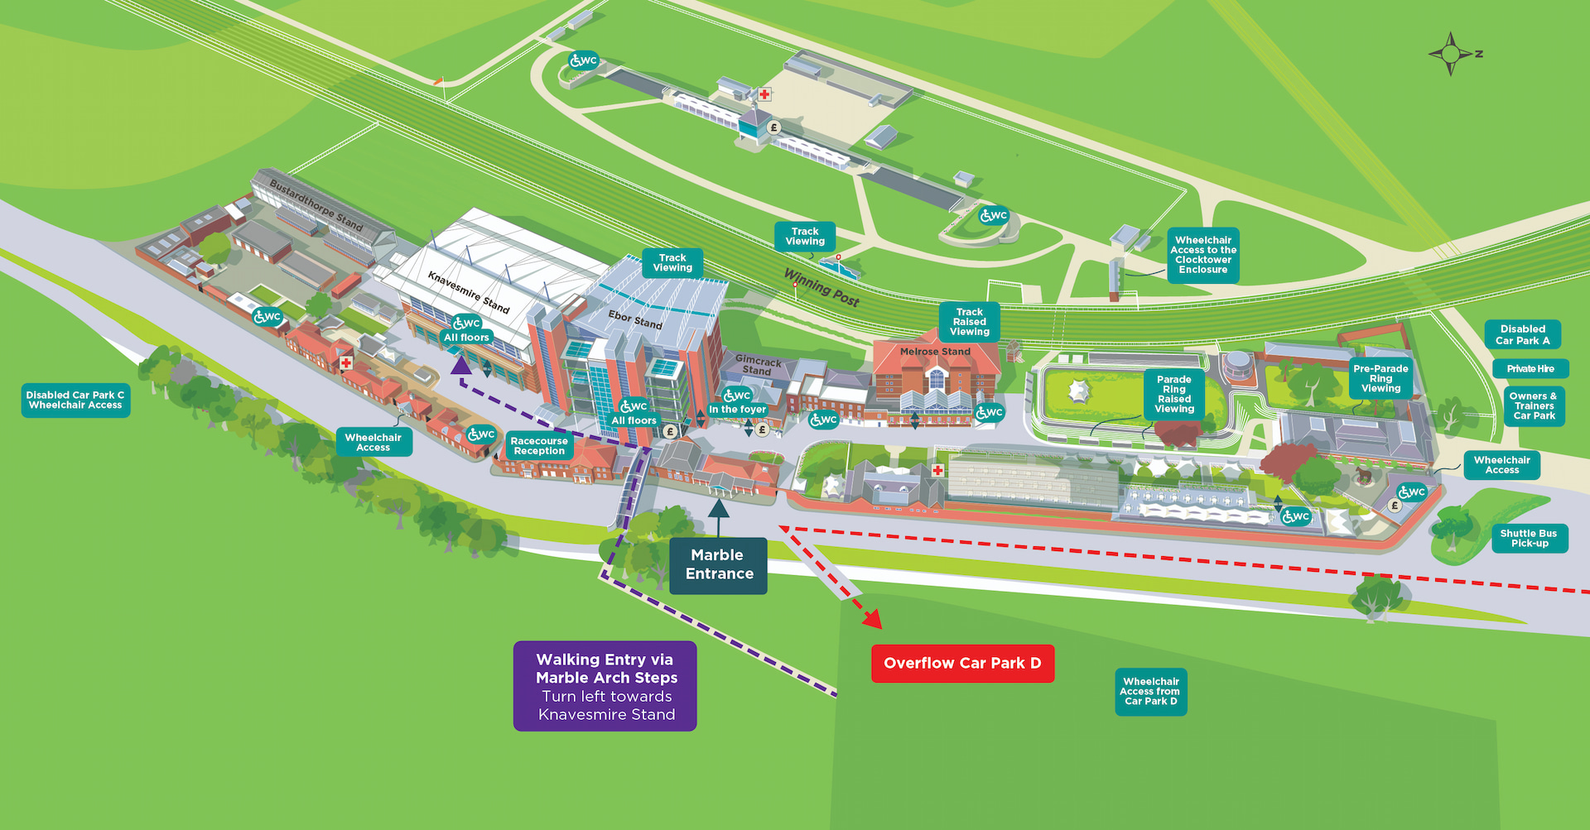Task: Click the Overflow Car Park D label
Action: pyautogui.click(x=962, y=664)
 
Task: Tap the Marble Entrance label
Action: pyautogui.click(x=718, y=565)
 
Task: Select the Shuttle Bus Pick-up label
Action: pyautogui.click(x=1528, y=539)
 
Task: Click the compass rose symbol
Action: pyautogui.click(x=1451, y=54)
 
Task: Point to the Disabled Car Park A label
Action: pyautogui.click(x=1522, y=334)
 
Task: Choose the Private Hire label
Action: pyautogui.click(x=1530, y=369)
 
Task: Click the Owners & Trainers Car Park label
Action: pyautogui.click(x=1534, y=406)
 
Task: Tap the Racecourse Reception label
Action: pyautogui.click(x=539, y=446)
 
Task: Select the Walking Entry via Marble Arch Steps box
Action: pyautogui.click(x=605, y=686)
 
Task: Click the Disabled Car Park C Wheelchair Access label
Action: pyautogui.click(x=75, y=401)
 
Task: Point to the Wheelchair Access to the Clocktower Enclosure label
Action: pyautogui.click(x=1202, y=255)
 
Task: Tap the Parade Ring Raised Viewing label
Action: pyautogui.click(x=1173, y=394)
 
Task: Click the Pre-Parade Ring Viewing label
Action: pyautogui.click(x=1380, y=378)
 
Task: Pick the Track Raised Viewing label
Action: pyautogui.click(x=969, y=322)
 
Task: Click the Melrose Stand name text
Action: pyautogui.click(x=935, y=352)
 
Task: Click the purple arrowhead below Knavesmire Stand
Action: pyautogui.click(x=460, y=365)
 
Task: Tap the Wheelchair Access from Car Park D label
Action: pyautogui.click(x=1150, y=692)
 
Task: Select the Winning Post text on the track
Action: pyautogui.click(x=821, y=287)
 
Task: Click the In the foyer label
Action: pyautogui.click(x=737, y=410)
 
